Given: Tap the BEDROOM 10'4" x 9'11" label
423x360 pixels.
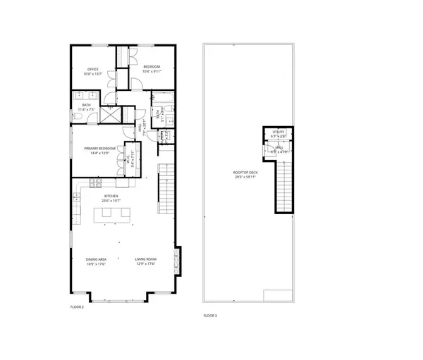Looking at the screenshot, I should (x=151, y=68).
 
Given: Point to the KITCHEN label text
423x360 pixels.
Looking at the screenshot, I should (x=111, y=197).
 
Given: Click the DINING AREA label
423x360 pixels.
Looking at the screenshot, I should (x=96, y=261).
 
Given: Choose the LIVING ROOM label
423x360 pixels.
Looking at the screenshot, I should (x=145, y=261).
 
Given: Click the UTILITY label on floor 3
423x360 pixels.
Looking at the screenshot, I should (x=278, y=132).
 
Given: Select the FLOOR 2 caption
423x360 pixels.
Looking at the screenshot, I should (x=77, y=307).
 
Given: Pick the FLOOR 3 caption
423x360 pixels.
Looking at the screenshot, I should (x=209, y=316).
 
